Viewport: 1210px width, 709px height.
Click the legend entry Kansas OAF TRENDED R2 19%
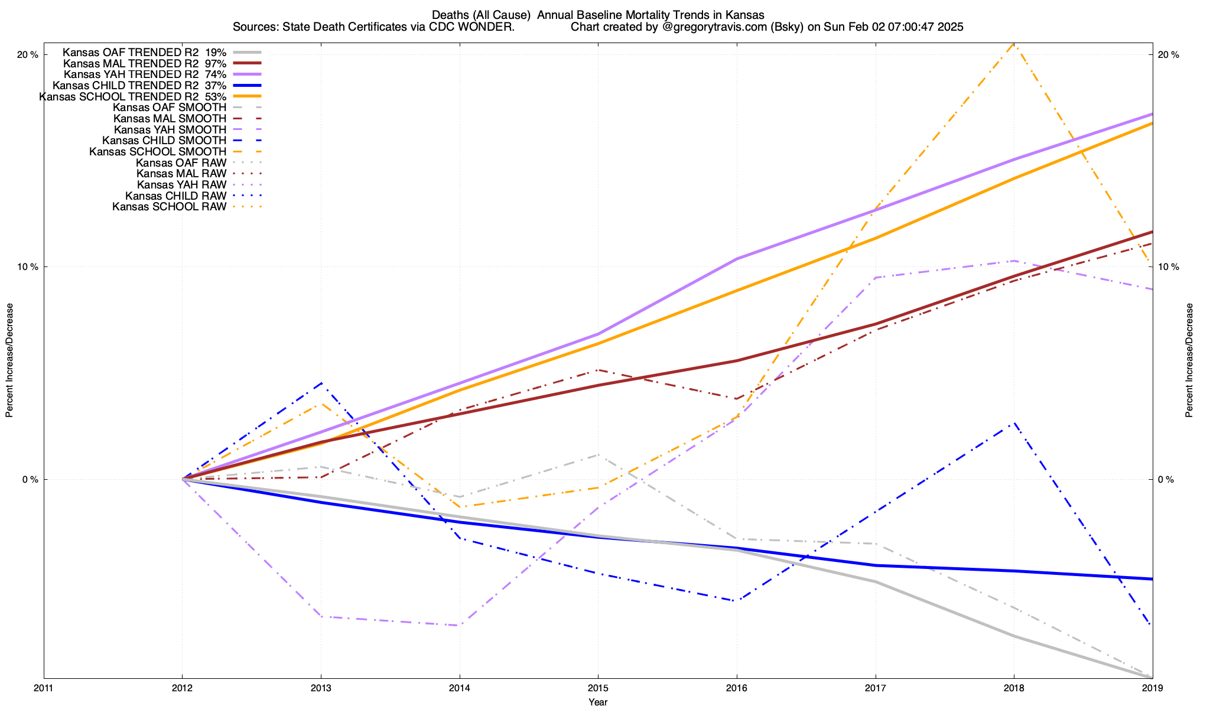coord(145,52)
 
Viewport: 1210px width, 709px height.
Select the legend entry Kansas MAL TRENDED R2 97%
coord(145,63)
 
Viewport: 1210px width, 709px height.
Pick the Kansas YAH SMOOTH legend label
coord(170,129)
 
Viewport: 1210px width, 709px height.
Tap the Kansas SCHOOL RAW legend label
coord(169,207)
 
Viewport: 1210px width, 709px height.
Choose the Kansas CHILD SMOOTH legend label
coord(164,141)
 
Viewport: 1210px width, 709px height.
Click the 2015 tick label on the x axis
coord(598,688)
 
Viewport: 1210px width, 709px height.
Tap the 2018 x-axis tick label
coord(1014,688)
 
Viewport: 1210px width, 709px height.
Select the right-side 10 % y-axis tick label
coord(1168,267)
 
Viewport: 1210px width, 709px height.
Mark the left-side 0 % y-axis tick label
coord(30,480)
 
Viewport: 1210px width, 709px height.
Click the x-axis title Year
coord(598,702)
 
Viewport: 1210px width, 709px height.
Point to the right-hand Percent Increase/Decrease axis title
coord(1189,360)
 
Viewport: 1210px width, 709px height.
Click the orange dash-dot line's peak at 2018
coord(1014,44)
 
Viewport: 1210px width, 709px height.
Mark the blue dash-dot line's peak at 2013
coord(321,383)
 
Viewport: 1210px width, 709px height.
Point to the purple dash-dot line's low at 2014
coord(459,625)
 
